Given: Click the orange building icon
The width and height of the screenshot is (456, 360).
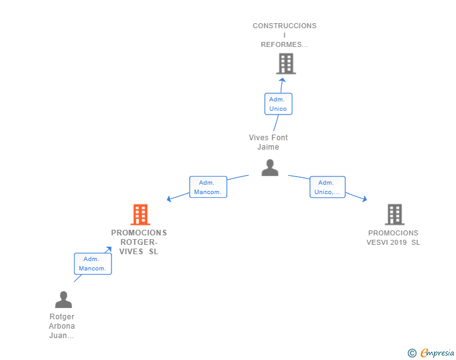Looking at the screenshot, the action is point(140,215).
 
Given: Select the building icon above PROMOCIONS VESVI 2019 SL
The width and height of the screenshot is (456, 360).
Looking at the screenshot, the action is point(395,215).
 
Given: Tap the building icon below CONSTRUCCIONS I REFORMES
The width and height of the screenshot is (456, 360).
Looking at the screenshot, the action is point(286,64).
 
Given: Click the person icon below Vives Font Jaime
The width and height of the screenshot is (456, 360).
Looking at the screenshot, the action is point(270,168).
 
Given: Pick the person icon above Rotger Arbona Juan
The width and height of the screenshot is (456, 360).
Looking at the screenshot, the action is point(63,299).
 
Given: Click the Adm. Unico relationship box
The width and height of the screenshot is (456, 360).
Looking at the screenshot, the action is point(278,104).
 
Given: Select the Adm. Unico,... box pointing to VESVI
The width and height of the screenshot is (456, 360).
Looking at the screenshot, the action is point(328,187).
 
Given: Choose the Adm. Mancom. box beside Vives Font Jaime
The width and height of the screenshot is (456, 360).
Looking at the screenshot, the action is point(208,187).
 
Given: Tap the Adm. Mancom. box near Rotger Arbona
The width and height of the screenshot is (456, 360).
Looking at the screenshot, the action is point(93,264).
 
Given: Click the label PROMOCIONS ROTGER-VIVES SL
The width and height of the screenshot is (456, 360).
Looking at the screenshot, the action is point(139,242).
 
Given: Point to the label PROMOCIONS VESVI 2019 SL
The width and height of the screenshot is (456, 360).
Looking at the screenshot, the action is point(393,237).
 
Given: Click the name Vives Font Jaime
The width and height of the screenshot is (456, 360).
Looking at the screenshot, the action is point(268,142).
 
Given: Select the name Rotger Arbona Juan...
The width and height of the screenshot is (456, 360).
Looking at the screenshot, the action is point(61,326).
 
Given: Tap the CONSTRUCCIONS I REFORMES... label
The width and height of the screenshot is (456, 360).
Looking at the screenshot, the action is point(284,35).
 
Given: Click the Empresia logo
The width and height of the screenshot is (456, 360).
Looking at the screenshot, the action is point(437,352).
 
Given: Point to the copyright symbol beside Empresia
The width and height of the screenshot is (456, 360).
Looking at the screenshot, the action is point(412,353).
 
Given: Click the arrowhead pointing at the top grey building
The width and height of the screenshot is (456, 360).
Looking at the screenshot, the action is point(282,80).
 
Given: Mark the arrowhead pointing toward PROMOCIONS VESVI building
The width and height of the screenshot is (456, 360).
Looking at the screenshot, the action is point(365,199).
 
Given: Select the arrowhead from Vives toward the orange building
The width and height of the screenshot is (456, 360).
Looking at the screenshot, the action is point(168,199).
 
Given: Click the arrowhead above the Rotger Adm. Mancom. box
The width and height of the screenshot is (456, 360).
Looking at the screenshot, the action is point(109,249).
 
